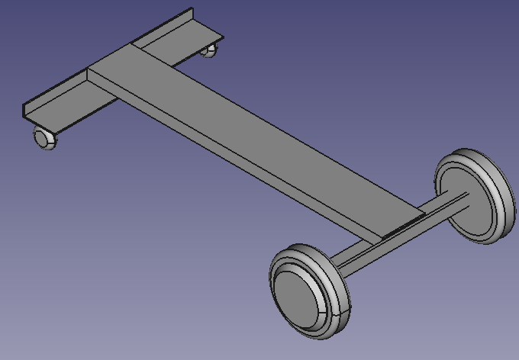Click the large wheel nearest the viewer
click(x=309, y=290)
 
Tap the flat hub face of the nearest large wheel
click(x=300, y=297)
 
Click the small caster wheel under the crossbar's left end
click(x=45, y=138)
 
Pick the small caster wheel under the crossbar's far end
click(x=210, y=50)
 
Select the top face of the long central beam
click(x=252, y=137)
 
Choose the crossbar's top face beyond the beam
click(x=183, y=46)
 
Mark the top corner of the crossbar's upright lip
click(x=192, y=9)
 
